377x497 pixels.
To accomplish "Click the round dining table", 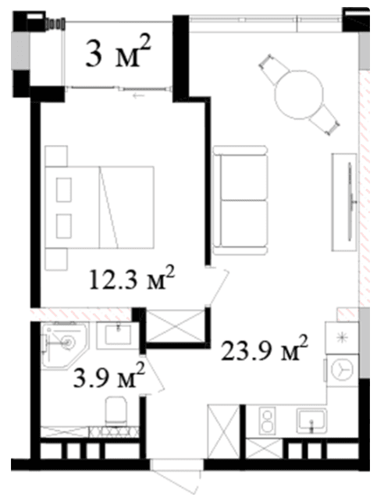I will [x=299, y=92].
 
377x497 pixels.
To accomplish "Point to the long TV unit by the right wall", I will [x=343, y=197].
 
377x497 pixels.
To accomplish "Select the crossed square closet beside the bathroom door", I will [x=176, y=326].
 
